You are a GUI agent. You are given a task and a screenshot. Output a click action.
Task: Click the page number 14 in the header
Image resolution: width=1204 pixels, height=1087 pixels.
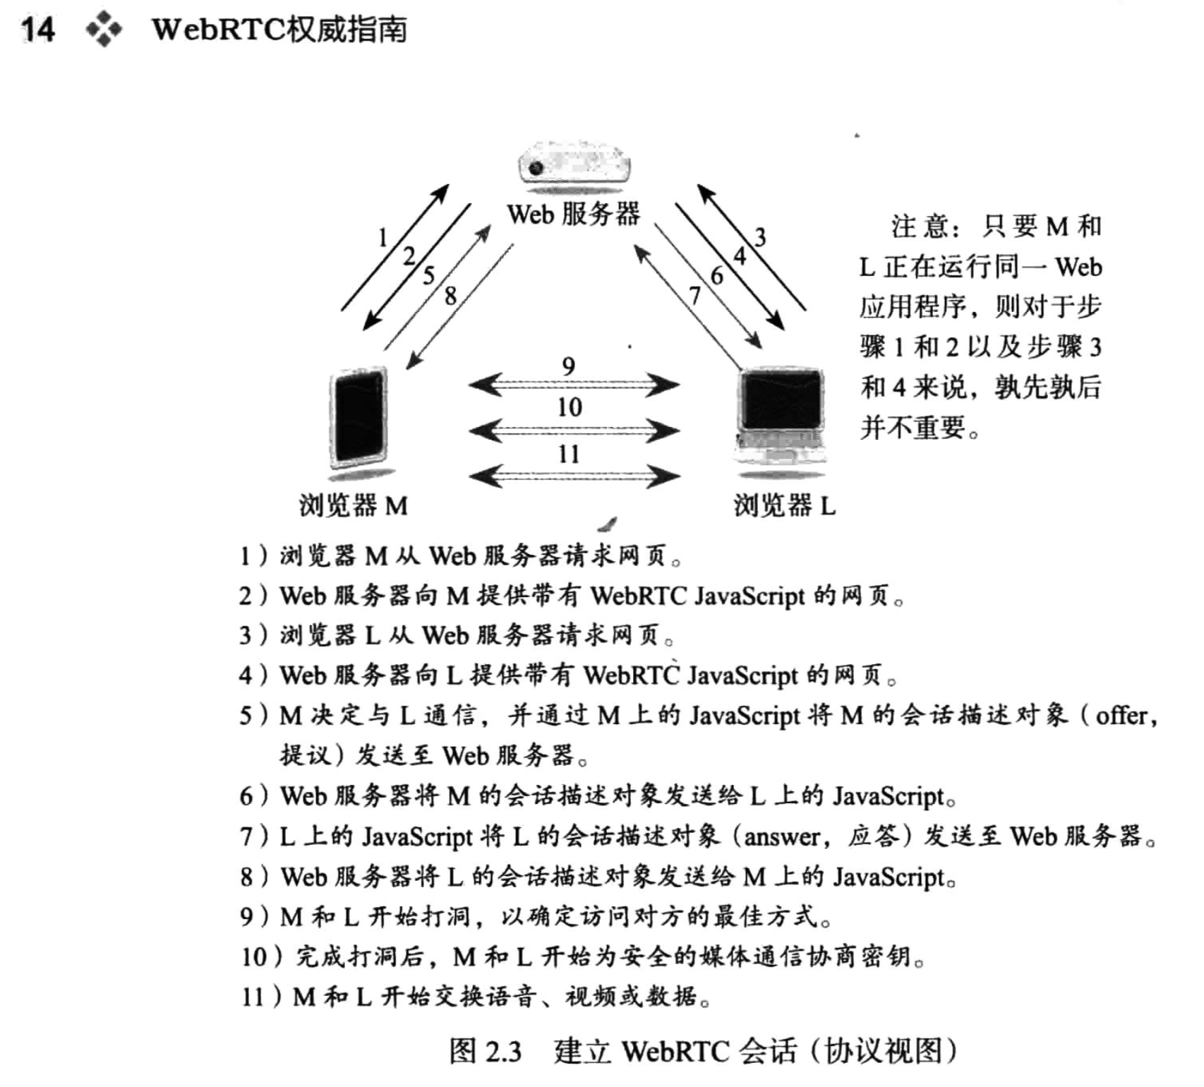(x=37, y=30)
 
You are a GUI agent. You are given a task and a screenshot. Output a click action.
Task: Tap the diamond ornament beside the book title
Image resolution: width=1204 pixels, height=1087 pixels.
(x=104, y=30)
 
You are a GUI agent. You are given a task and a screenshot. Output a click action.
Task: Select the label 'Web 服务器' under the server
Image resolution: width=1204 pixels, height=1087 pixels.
(x=573, y=214)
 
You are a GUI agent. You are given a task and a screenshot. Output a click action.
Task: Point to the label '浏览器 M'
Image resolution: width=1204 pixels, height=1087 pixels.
(x=353, y=505)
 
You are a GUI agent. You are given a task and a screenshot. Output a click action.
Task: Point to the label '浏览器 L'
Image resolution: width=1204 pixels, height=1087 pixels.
(x=784, y=505)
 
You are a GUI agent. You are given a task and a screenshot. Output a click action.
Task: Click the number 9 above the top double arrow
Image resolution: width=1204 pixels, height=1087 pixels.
(x=569, y=366)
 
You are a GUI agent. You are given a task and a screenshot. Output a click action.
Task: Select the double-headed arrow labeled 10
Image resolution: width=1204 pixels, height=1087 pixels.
(x=573, y=430)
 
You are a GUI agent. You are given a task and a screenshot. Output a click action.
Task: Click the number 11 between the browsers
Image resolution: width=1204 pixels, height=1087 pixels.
(x=569, y=454)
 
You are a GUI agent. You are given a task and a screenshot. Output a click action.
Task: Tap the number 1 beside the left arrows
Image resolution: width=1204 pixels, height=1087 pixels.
(x=383, y=238)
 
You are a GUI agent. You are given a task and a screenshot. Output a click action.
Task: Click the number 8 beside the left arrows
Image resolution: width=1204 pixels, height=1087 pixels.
(x=450, y=296)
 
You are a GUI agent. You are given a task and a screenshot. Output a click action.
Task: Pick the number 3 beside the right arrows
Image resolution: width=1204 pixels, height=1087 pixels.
(x=759, y=237)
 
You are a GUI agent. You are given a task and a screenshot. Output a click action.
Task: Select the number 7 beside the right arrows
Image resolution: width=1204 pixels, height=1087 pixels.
(x=695, y=295)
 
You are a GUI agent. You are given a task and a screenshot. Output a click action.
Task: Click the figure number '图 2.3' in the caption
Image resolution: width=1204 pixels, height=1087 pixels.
(x=486, y=1052)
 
